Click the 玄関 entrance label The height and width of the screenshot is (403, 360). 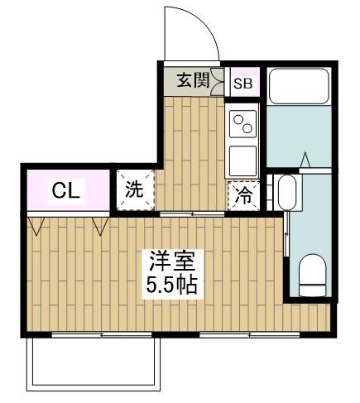[x=192, y=81]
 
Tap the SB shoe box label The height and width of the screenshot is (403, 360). [x=242, y=83]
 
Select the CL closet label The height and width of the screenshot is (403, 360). [x=65, y=190]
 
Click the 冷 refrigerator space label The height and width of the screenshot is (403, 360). [x=242, y=196]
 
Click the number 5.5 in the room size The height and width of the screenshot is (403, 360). [x=161, y=286]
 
